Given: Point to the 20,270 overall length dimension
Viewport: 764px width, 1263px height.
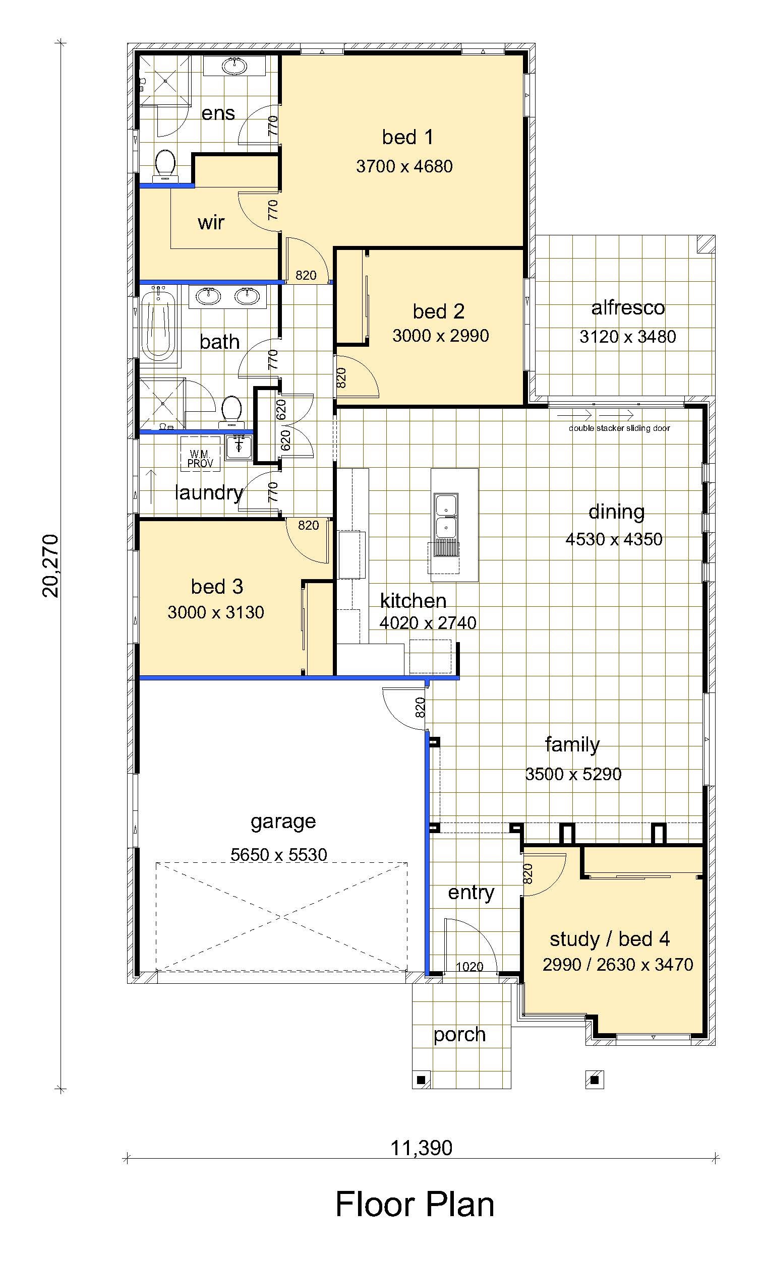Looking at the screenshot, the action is point(51,566).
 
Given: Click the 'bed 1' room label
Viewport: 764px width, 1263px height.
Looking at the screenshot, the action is point(407,137).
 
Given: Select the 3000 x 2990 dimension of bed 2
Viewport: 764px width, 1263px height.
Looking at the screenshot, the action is point(440,336).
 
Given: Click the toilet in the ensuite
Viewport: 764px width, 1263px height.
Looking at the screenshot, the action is point(164,165).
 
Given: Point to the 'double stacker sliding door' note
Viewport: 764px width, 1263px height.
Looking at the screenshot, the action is point(619,428).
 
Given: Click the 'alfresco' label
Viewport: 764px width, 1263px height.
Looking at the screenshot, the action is point(628,307).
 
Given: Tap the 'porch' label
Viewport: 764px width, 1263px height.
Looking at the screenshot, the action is point(459,1034).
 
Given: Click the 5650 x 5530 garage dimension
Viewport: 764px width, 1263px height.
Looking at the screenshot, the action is point(278,854).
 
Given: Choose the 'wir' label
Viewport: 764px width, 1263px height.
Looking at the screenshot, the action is point(211,222).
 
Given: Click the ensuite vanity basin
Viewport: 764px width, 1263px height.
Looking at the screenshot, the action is point(235,66).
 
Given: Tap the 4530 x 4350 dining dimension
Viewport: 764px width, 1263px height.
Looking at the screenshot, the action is point(614,539).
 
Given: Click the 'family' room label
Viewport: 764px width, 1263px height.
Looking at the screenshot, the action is point(572,744).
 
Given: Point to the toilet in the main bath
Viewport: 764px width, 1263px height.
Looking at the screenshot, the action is point(231,412).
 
